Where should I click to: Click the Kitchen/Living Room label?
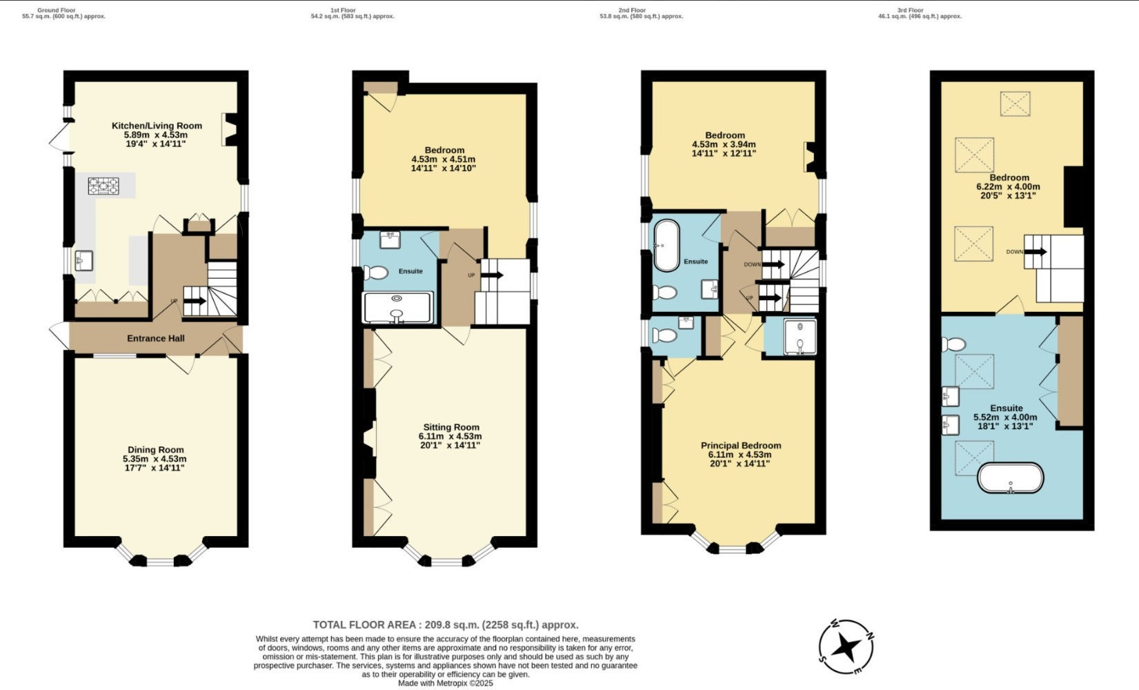click(157, 126)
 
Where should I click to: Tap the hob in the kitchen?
click(103, 186)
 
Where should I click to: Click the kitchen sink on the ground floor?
click(83, 261)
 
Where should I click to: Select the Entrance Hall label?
click(156, 338)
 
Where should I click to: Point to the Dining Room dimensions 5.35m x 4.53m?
click(155, 459)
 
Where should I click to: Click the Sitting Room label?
click(451, 427)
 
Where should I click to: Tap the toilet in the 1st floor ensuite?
click(377, 273)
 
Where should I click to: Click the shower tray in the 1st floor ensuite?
click(397, 308)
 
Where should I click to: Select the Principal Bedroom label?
click(741, 446)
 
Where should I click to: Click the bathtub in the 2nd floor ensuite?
click(666, 246)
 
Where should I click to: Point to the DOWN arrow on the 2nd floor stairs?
click(773, 264)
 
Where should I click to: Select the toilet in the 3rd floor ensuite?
click(957, 344)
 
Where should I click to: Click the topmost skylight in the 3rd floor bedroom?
click(1015, 103)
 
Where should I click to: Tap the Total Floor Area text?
click(446, 625)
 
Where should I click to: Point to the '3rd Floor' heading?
click(911, 10)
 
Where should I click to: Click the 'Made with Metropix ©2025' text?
click(446, 683)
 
